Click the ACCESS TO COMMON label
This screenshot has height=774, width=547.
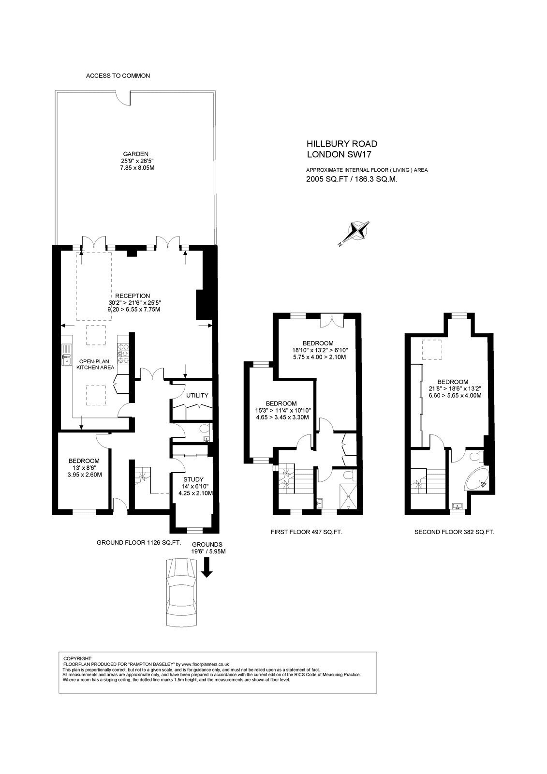pos(118,75)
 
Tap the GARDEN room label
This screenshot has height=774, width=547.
pos(136,154)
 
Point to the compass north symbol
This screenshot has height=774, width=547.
pos(357,231)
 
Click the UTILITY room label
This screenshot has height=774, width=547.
pos(197,395)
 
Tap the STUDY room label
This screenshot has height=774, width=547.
pos(193,479)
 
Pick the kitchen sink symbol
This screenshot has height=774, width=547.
pos(66,354)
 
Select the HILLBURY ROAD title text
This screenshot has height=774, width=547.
pos(342,144)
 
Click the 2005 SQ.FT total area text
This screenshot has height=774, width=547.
pos(352,179)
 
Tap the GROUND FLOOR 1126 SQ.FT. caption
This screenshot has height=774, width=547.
pos(139,542)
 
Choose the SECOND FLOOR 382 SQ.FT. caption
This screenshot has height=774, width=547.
pos(455,532)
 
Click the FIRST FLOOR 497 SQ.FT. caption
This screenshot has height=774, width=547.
pos(307,532)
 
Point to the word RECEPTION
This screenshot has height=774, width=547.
pos(133,296)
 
